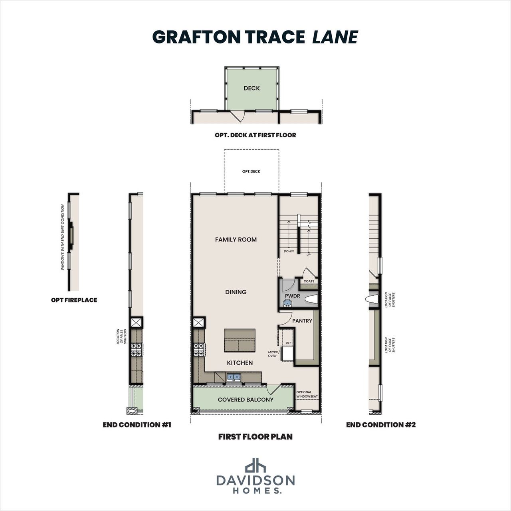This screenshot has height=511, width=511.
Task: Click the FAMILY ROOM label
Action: tap(236, 240)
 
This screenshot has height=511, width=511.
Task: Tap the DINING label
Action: tap(236, 292)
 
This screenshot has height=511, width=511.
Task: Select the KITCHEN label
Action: tap(240, 362)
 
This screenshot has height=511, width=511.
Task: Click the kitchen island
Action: tap(240, 340)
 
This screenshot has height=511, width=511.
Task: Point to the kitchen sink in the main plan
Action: tap(234, 376)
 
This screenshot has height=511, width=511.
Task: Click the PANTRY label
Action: tap(302, 321)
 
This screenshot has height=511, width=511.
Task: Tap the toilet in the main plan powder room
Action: tap(310, 299)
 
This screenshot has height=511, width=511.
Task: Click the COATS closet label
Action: tap(309, 281)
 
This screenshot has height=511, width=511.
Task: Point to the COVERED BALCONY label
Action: tap(246, 399)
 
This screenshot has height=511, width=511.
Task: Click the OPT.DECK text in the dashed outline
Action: tap(251, 171)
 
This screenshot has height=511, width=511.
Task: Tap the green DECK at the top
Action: tap(252, 88)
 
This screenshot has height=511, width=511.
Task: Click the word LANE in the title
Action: tap(335, 37)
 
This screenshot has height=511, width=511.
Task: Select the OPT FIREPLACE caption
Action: tap(74, 300)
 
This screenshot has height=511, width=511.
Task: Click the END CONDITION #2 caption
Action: tap(380, 425)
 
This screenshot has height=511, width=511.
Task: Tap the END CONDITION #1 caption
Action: tap(137, 425)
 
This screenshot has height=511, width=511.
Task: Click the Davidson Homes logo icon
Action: tap(255, 465)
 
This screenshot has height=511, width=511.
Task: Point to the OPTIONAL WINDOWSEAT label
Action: tap(307, 394)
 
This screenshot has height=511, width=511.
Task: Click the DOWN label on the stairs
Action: tap(289, 252)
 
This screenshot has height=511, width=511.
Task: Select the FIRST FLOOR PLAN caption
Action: tap(255, 437)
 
